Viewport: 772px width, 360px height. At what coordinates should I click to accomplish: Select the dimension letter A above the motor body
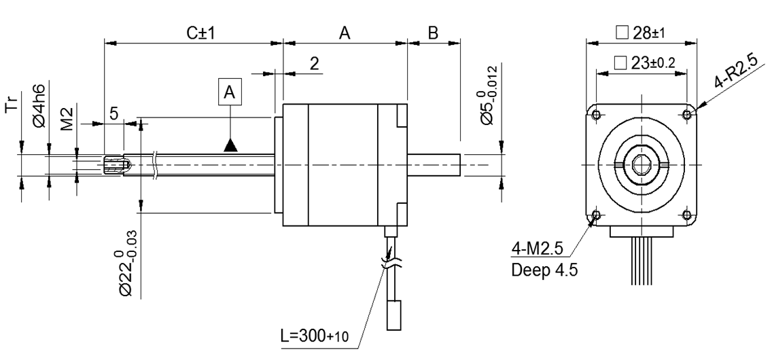point(345,32)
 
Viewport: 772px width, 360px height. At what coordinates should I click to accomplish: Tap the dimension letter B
point(434,32)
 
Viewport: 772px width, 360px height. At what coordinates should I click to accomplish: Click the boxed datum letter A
point(230,92)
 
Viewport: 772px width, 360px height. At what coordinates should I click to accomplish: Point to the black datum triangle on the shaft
point(231,145)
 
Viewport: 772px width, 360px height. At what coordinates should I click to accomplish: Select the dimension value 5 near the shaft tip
point(114,114)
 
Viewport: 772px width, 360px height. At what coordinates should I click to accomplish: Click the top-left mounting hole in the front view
point(596,113)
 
